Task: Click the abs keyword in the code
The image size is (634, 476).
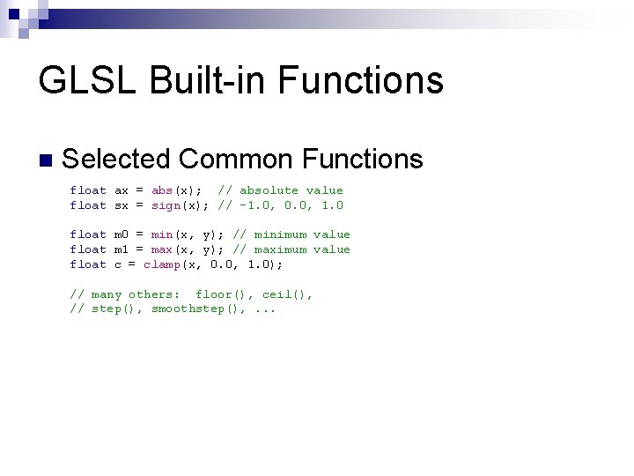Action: pos(162,190)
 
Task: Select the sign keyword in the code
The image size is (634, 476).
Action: pos(166,205)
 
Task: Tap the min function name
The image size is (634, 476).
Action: pos(162,234)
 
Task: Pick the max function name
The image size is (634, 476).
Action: pos(162,249)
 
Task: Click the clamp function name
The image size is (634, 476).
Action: pos(162,264)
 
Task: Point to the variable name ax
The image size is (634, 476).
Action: pos(122,190)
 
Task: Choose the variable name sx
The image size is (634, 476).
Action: pos(122,205)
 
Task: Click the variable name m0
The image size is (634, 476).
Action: pos(122,234)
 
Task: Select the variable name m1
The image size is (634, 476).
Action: pos(122,249)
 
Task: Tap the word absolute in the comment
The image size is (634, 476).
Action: pos(269,190)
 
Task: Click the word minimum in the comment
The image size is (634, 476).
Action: pos(280,234)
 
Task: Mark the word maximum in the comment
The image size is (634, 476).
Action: pos(280,249)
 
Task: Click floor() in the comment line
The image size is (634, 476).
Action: pos(217,294)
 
